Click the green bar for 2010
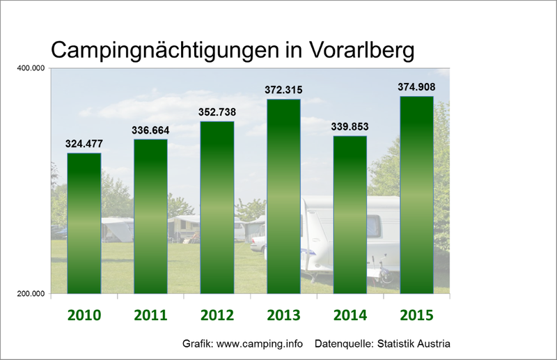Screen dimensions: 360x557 (84, 223)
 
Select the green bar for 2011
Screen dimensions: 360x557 (150, 216)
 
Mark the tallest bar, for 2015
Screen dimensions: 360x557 (416, 195)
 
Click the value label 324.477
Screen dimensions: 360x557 (84, 145)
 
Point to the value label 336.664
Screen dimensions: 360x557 (150, 130)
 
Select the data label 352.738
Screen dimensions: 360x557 (217, 113)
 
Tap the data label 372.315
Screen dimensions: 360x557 (283, 91)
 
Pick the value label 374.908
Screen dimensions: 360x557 (416, 88)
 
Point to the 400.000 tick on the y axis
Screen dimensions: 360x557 (30, 68)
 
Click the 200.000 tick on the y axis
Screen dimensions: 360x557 (30, 295)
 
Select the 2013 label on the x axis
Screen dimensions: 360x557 (283, 315)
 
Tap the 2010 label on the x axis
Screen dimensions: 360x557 (84, 315)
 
